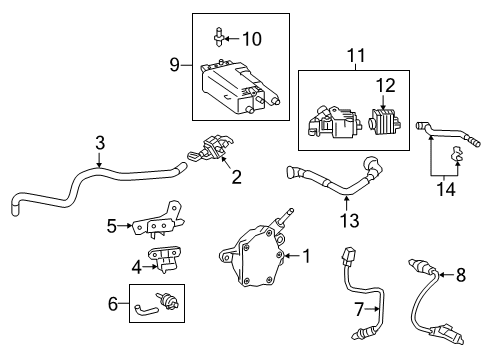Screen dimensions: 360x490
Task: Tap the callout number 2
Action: point(236,178)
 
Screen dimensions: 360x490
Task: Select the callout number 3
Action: point(99,144)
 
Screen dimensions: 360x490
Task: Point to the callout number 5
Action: point(112,226)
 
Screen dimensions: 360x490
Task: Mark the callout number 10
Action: point(252,39)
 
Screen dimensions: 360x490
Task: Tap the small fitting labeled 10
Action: point(218,39)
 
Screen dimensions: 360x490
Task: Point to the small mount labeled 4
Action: point(166,261)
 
